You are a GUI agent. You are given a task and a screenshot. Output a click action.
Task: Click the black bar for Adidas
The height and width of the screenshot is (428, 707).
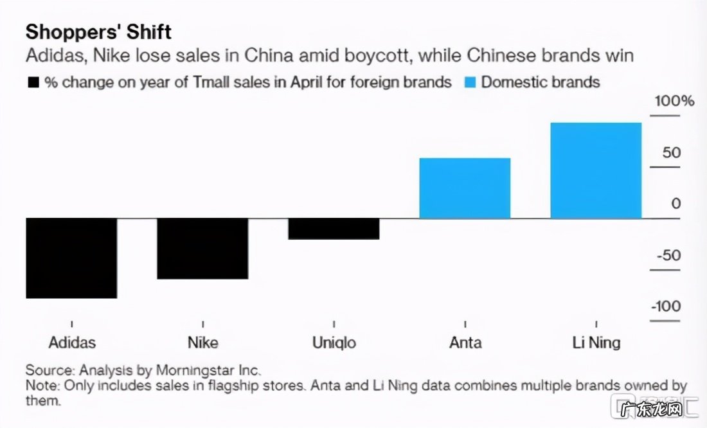pos(71,258)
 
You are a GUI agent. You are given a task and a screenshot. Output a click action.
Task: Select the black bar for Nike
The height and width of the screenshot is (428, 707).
pos(202,249)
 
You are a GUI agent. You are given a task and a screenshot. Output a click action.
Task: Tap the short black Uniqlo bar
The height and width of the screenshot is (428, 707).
pos(333,229)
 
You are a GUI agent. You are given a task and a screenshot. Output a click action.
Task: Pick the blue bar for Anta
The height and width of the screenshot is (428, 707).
pos(464,188)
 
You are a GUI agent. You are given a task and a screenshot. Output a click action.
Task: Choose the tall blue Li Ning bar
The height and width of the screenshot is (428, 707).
pos(596,170)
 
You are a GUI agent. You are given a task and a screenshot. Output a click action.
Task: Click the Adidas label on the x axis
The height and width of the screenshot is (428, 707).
pos(71,342)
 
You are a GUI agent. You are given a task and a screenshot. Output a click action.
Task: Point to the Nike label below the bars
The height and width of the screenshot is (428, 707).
pos(202,342)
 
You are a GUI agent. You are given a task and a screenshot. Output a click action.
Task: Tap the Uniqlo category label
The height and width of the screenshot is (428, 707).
pos(334,342)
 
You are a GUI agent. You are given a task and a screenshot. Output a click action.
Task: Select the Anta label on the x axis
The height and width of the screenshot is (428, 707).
pos(465,342)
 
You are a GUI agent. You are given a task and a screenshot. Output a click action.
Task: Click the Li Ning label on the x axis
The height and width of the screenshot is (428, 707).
pos(596,342)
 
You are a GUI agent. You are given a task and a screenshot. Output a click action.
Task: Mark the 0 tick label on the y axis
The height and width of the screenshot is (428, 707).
pos(676,204)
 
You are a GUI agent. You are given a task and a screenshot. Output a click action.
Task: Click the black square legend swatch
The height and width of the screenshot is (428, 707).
pos(32,83)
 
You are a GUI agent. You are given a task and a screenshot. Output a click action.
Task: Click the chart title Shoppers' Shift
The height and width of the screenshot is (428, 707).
pos(98,31)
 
